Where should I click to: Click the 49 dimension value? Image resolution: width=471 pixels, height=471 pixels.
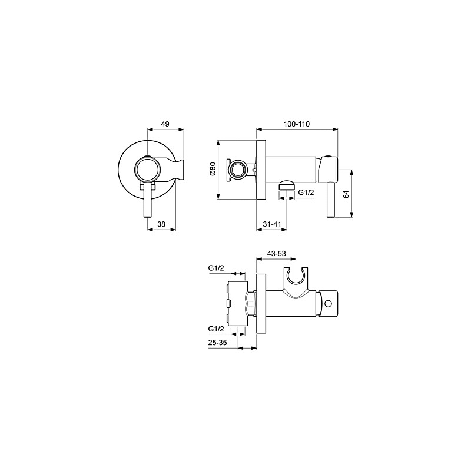point(165,124)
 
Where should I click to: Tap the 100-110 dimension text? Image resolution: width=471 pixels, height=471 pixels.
point(296,124)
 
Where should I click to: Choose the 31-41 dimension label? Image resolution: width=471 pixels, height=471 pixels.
point(271,224)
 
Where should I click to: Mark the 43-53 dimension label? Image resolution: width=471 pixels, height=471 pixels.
point(276,253)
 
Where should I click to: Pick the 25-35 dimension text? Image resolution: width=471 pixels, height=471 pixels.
point(218,341)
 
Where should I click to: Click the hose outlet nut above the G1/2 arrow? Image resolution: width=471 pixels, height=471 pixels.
point(286,185)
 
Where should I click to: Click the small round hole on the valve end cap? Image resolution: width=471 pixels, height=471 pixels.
point(329,304)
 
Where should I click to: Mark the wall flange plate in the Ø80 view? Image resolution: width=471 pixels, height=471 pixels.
point(262,170)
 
